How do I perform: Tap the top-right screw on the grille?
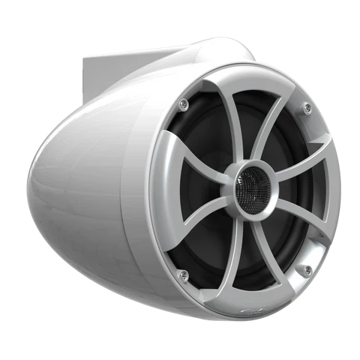coord(308,109)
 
